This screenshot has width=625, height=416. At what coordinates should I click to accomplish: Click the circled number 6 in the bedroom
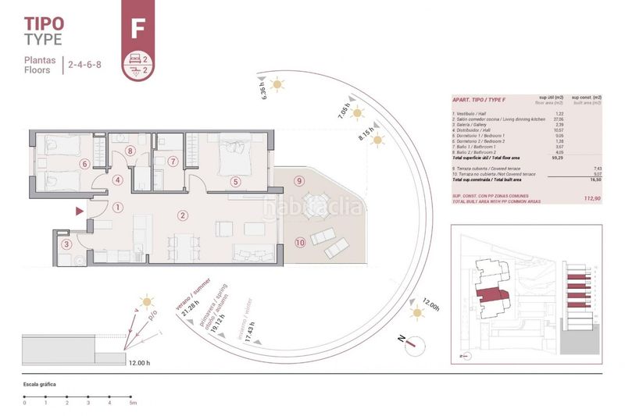coord(84,164)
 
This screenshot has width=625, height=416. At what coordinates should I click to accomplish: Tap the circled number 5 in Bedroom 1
coord(235,182)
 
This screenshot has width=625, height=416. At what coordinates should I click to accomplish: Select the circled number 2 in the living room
coord(182,215)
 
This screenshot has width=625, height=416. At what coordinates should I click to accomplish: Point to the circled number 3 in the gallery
coord(67,244)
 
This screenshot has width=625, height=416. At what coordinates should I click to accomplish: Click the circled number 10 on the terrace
coord(300,243)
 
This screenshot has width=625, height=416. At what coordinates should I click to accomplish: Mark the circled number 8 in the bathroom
coord(130,151)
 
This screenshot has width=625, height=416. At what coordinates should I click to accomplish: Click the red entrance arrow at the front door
coord(78,211)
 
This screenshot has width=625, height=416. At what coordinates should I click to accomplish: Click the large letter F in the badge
coord(138,29)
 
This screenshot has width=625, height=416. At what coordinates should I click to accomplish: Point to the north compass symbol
coord(420,341)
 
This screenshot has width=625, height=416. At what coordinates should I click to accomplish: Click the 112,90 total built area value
coord(591,199)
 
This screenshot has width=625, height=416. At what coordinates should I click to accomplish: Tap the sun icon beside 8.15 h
coord(378,140)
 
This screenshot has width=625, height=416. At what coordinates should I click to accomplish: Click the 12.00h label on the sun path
coord(430,304)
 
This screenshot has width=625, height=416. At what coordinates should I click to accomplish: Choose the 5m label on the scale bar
coord(133,403)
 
